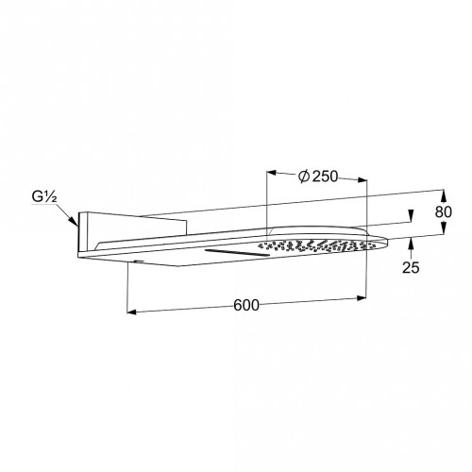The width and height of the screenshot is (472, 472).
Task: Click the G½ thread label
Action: coord(44,197)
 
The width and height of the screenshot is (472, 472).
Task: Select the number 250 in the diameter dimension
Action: coord(325,177)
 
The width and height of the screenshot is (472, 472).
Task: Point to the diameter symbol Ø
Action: coord(304,177)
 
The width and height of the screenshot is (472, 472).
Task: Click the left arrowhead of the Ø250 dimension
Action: coord(272,173)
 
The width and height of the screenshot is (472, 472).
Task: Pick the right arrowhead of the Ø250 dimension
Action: coord(362,179)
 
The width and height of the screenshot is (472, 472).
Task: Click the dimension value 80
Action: coord(444,212)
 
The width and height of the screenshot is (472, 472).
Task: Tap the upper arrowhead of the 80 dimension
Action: coord(444,195)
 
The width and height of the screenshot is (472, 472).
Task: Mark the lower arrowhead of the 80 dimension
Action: coord(443,228)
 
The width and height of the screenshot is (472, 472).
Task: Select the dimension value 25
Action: coord(411,267)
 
